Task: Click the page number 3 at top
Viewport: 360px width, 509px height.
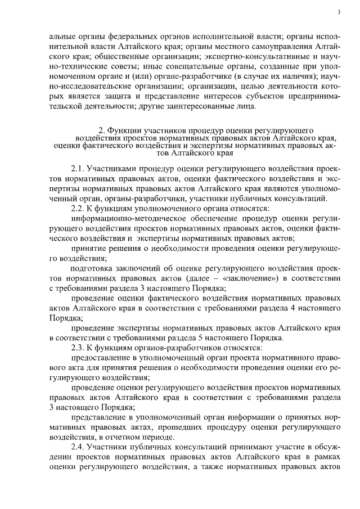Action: click(340, 12)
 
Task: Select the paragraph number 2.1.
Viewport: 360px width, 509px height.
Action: click(78, 169)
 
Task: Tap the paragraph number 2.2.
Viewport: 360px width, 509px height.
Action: click(78, 209)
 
